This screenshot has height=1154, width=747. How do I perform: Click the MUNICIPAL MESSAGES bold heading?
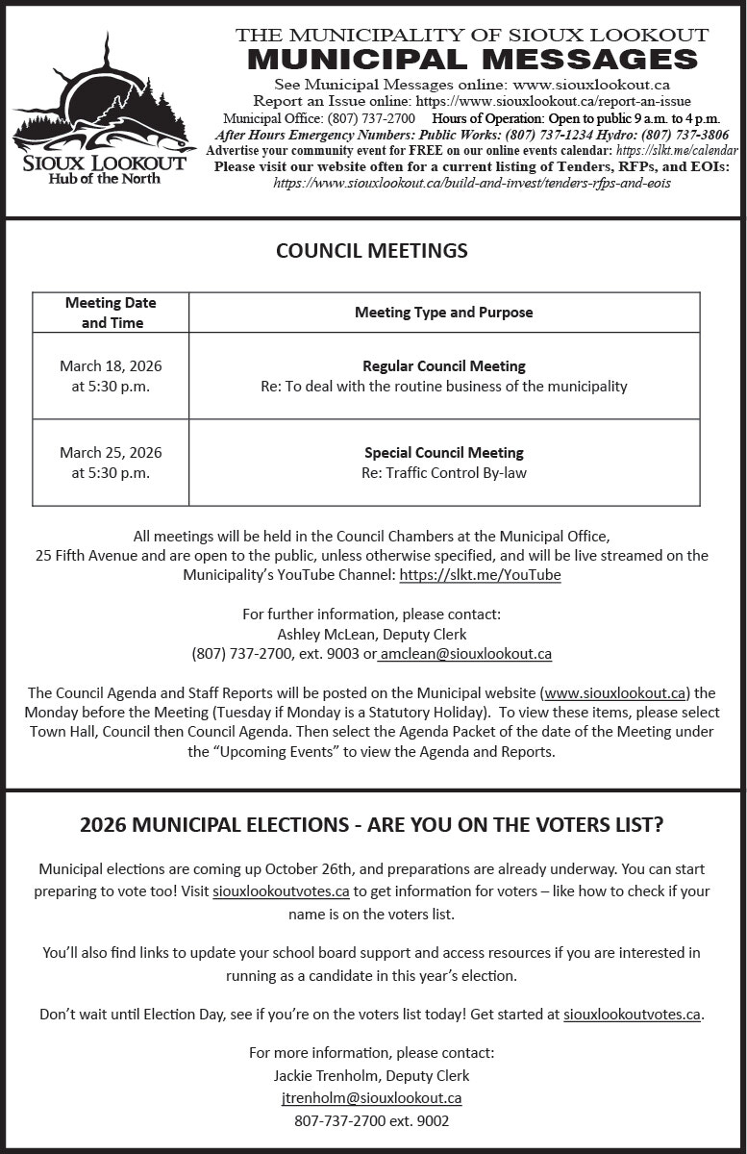472,60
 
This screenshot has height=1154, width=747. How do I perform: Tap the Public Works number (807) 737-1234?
525,136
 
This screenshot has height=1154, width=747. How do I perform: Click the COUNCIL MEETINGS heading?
372,251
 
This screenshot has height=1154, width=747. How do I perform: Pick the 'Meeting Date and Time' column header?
111,313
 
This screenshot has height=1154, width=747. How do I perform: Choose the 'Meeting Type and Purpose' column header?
443,313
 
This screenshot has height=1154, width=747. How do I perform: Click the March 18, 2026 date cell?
111,366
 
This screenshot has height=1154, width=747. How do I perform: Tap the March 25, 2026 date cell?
111,453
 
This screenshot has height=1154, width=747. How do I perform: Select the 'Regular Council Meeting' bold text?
443,366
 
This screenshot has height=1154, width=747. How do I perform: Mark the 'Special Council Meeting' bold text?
443,453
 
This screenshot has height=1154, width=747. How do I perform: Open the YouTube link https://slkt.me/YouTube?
480,575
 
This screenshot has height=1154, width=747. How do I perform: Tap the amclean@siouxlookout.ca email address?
466,654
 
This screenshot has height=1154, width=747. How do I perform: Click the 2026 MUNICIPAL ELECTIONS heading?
372,826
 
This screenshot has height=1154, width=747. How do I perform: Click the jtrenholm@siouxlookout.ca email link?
371,1098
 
